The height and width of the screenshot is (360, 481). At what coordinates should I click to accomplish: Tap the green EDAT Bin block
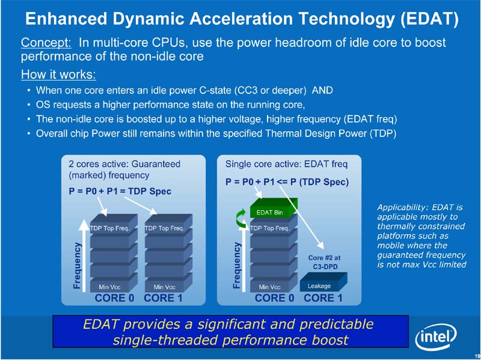click(x=270, y=212)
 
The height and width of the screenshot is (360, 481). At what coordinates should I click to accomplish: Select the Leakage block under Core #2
click(x=319, y=285)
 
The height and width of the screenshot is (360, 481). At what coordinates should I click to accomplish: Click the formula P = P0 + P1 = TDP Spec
click(x=120, y=191)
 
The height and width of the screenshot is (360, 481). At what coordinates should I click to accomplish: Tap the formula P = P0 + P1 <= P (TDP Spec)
click(x=287, y=181)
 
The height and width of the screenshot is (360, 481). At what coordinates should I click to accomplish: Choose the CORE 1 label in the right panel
click(x=323, y=297)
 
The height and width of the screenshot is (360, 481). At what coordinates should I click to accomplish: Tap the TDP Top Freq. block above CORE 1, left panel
click(x=164, y=228)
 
